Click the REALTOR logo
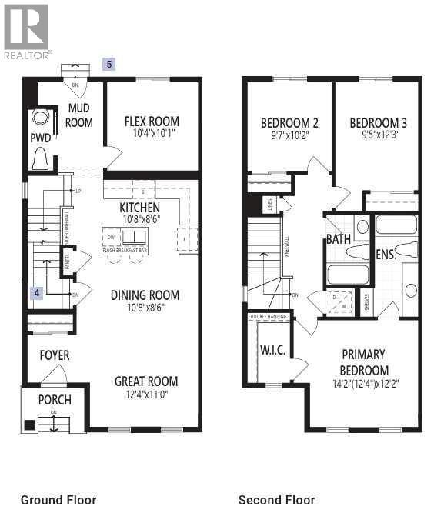[x=27, y=32]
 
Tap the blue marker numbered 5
[x=109, y=65]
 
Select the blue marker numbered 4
[x=35, y=292]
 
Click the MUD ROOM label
[x=78, y=116]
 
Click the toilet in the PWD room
[x=40, y=158]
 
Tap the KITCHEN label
[x=139, y=208]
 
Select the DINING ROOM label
[x=145, y=295]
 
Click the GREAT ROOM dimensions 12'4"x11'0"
[x=146, y=394]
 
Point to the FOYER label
[x=54, y=355]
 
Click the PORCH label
[x=55, y=400]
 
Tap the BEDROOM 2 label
[x=289, y=123]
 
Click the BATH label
[x=338, y=239]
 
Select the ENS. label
[x=386, y=254]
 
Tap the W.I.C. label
[x=272, y=351]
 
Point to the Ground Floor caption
[x=58, y=500]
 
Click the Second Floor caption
[x=276, y=500]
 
